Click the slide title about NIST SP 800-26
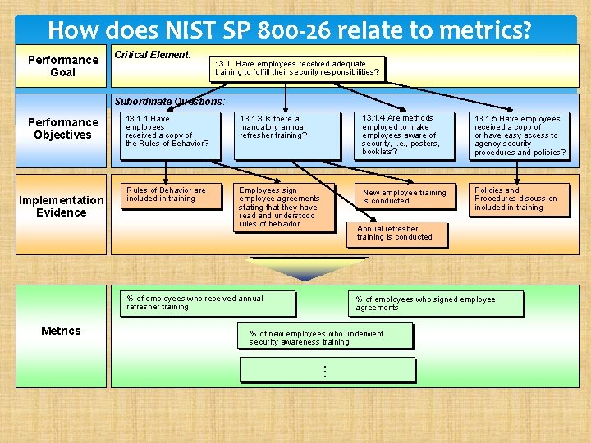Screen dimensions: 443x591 [290, 30]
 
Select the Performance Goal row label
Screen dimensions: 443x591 [63, 66]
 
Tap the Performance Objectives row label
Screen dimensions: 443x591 [63, 129]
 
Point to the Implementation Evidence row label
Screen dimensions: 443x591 [62, 207]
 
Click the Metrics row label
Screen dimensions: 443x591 [61, 331]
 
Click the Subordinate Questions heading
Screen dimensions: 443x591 [169, 102]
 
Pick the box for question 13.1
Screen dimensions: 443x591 [297, 68]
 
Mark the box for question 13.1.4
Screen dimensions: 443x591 [402, 135]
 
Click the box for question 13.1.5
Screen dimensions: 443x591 [519, 135]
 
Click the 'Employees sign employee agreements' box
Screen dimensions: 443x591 [283, 208]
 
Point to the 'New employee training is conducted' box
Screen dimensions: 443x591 [405, 197]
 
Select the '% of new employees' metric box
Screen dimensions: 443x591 [328, 337]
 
